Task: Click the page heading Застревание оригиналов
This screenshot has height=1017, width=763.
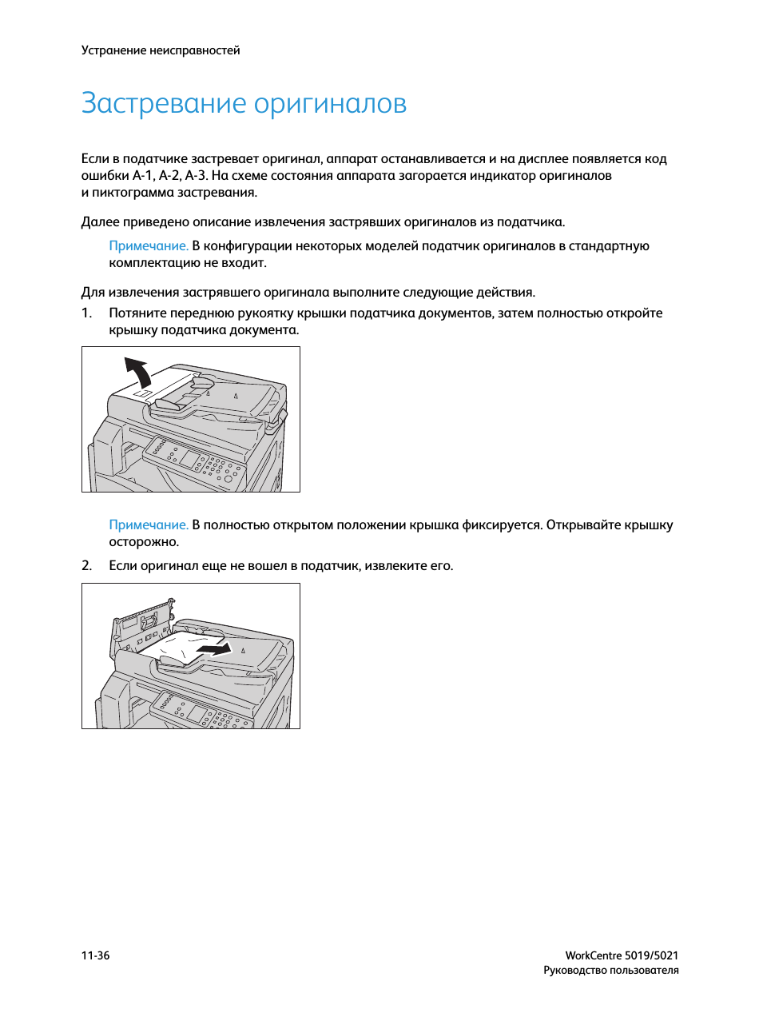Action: [244, 104]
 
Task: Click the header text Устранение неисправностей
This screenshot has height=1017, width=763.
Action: [161, 50]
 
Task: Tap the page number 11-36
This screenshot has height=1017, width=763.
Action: [95, 955]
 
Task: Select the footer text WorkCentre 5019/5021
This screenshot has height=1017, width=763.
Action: [622, 955]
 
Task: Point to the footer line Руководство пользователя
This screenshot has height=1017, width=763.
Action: [610, 971]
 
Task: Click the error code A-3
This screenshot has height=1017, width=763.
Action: [195, 176]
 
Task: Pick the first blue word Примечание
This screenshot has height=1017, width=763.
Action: [149, 246]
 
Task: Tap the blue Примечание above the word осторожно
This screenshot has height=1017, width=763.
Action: [149, 525]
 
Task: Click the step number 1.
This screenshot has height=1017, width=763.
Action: [86, 313]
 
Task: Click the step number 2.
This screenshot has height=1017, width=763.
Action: [86, 566]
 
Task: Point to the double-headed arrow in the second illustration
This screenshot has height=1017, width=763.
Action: [214, 650]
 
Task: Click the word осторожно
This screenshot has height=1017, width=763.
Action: [144, 542]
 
